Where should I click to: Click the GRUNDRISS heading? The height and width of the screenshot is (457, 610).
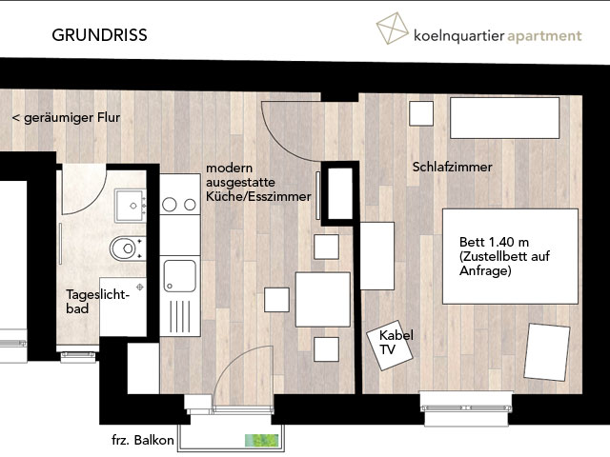pos(99,35)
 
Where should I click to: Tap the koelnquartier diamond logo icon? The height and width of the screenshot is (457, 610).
pos(392,28)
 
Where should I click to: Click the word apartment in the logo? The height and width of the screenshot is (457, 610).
pos(544,36)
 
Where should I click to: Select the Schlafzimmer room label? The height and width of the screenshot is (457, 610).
pos(452,168)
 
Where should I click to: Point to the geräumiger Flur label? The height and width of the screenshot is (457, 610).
pos(66,118)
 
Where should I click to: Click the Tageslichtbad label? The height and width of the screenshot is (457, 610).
pos(97,301)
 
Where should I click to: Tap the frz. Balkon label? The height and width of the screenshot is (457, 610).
pos(142,440)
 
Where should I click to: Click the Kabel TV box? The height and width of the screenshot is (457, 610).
pos(390,346)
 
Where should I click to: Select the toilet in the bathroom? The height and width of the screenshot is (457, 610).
pos(127,248)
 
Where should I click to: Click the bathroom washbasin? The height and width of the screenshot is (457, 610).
pos(130,206)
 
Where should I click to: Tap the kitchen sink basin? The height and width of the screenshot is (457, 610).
pos(180,276)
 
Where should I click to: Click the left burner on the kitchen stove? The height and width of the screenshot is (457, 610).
pos(170,205)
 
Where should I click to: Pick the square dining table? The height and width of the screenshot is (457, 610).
pos(323,300)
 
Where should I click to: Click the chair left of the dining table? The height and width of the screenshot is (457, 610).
pos(276,300)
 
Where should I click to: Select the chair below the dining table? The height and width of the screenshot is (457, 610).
pos(326,349)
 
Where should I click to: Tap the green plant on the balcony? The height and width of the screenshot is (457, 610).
pos(261,440)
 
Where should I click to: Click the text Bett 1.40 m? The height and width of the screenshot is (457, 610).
pos(494,242)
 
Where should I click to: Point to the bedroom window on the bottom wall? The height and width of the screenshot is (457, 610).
pos(466,408)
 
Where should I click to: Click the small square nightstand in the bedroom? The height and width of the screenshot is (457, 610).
pos(421,113)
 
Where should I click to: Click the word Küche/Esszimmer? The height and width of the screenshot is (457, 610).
pos(258,197)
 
